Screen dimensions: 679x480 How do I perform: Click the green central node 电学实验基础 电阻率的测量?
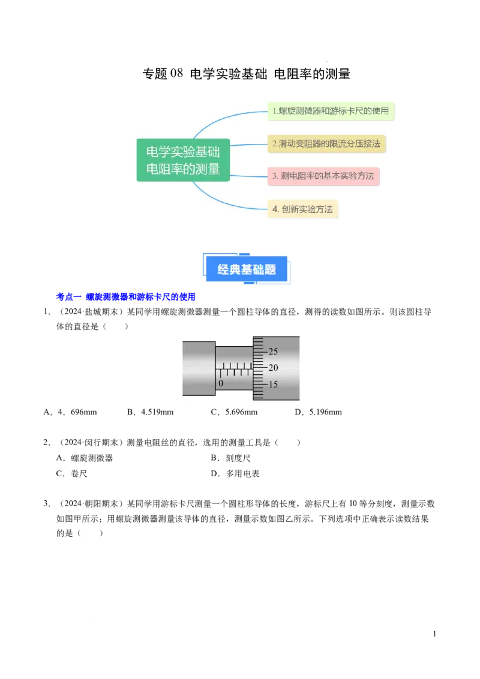tap(183, 160)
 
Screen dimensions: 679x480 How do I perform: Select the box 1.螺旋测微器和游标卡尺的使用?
tap(331, 111)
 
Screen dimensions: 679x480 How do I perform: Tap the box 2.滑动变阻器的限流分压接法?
tap(326, 144)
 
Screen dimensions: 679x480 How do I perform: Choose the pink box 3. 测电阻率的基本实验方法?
tap(323, 176)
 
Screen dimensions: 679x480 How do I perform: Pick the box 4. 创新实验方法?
tap(302, 209)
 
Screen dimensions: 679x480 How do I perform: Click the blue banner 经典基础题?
tap(247, 269)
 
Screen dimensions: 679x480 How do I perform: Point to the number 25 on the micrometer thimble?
tap(273, 351)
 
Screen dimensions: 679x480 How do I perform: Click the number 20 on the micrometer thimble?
tap(273, 368)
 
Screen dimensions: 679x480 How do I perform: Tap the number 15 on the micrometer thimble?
tap(273, 384)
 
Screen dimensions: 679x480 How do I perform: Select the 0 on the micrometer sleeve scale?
tap(221, 383)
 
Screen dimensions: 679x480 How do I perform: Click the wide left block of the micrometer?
tap(199, 368)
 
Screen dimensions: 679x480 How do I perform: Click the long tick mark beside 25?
tap(259, 351)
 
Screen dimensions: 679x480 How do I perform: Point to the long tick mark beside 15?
tap(259, 384)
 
